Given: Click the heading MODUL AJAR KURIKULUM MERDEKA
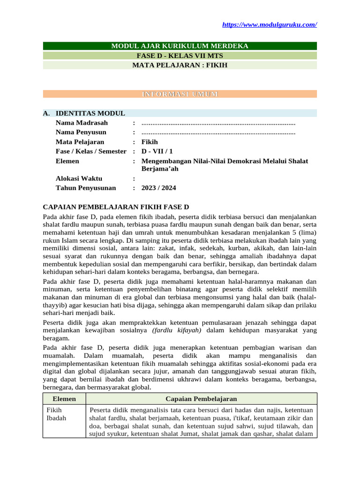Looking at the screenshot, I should [180, 46].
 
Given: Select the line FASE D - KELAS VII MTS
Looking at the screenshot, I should [180, 56].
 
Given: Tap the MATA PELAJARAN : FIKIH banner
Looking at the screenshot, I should [180, 65].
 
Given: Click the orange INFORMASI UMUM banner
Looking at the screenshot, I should [180, 94].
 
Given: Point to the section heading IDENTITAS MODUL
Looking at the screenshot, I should [90, 113].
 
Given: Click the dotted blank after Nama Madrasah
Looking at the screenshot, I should [218, 123].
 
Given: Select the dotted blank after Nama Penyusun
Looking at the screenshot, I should [218, 133].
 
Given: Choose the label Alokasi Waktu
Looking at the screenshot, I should [79, 179].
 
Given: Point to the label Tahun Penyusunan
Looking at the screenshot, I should [86, 188].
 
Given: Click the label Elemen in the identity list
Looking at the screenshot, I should [67, 161].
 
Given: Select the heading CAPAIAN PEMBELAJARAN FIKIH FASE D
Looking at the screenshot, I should [116, 207].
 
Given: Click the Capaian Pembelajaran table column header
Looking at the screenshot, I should [201, 399].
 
